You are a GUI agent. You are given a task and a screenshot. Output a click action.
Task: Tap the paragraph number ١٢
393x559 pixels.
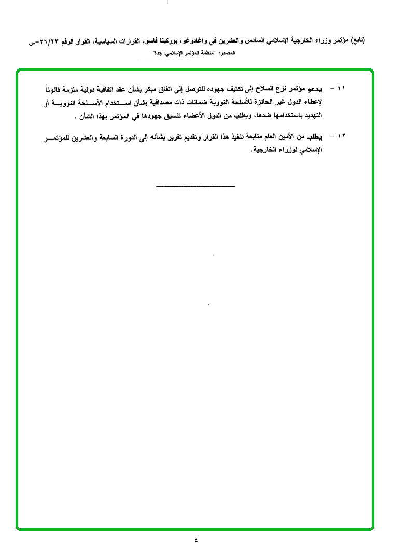(341, 136)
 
